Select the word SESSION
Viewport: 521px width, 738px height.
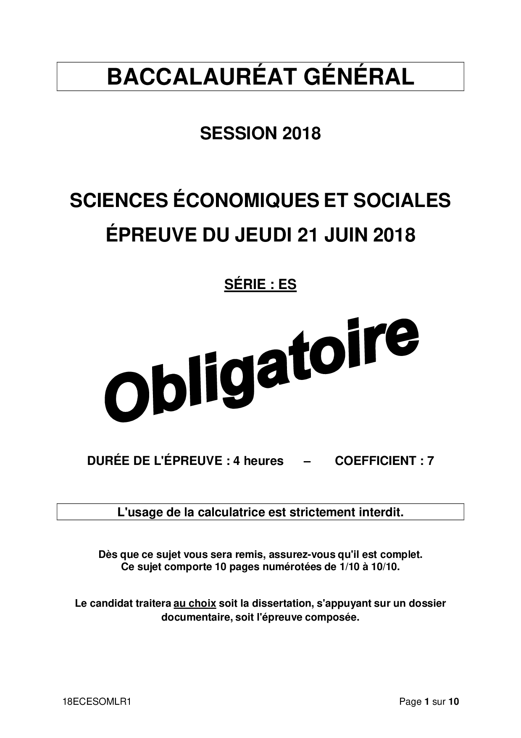coord(238,134)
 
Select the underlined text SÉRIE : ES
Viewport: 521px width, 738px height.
coord(260,284)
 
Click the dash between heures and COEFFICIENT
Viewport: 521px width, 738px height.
coord(307,461)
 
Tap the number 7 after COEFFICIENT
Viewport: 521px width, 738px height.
coord(430,461)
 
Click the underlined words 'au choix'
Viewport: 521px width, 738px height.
coord(195,603)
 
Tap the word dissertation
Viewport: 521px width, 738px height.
coord(278,603)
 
